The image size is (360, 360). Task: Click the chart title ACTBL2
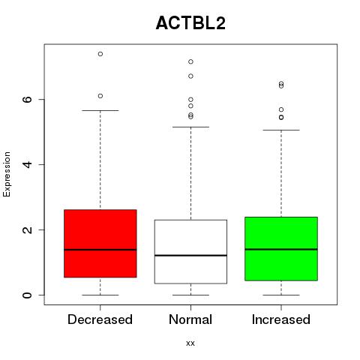tap(190, 23)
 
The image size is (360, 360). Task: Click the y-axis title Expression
tap(7, 174)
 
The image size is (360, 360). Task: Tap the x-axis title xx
tap(190, 343)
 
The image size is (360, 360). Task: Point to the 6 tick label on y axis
tap(28, 99)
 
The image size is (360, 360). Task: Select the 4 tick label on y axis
tap(28, 164)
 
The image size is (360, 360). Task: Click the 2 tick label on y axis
tap(28, 229)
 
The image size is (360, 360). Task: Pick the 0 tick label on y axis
tap(28, 295)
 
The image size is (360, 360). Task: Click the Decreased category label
tap(100, 319)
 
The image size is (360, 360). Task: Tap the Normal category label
tap(190, 319)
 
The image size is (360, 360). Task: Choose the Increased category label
tap(281, 319)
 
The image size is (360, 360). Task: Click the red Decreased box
tap(100, 244)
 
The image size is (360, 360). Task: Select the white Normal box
tap(190, 252)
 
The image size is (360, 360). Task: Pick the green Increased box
tap(281, 249)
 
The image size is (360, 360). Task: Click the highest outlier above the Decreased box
tap(100, 54)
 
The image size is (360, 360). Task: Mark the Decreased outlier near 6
tap(100, 96)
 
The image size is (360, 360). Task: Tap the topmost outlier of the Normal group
tap(190, 61)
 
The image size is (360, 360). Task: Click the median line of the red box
tap(100, 250)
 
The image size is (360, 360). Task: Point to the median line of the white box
tap(190, 255)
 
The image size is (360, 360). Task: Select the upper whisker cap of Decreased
tap(100, 110)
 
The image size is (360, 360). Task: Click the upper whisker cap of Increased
tap(281, 130)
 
